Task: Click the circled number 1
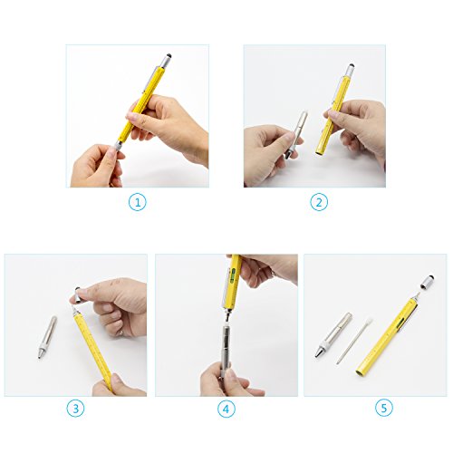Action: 138,202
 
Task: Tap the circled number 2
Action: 319,202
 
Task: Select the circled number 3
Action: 75,409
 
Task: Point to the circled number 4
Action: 226,409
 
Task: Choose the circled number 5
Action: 384,408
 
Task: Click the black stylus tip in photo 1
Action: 169,56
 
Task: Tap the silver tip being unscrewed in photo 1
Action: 117,146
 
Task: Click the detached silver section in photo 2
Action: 296,134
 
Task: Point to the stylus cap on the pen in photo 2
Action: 350,70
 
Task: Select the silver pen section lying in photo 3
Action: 47,337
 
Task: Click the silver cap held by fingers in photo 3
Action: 78,294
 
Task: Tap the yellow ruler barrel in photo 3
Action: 93,351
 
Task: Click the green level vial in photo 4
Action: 232,275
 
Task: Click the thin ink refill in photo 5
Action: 354,340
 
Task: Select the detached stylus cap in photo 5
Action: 427,282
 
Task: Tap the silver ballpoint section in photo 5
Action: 333,335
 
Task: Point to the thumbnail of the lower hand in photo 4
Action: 229,374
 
